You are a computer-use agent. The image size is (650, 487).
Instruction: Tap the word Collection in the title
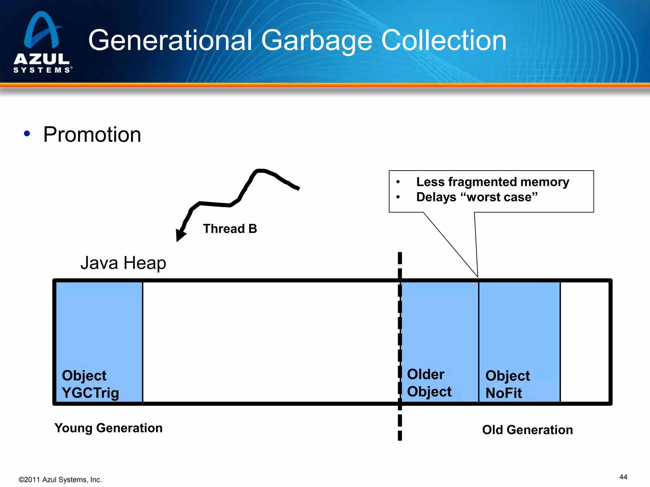click(x=443, y=41)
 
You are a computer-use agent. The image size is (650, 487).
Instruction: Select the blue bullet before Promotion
click(x=27, y=133)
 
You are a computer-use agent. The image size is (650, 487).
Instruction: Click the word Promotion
click(x=92, y=134)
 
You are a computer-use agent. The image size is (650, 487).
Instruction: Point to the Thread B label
click(x=230, y=229)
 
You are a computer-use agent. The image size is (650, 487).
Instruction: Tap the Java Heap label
click(x=123, y=263)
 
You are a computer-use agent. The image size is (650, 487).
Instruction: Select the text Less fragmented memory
click(x=493, y=182)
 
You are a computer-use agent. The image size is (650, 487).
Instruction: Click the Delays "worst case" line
click(x=477, y=197)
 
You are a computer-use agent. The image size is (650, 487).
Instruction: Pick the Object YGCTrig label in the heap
click(x=90, y=384)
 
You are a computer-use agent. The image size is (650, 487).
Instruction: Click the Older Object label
click(x=429, y=383)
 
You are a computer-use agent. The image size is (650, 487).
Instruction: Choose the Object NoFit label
click(x=507, y=384)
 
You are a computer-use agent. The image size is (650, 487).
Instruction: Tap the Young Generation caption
click(x=108, y=428)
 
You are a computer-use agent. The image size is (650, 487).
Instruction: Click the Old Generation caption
click(x=527, y=430)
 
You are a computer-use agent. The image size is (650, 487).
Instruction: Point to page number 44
click(x=623, y=477)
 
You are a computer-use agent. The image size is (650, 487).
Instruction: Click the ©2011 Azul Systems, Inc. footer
click(x=60, y=480)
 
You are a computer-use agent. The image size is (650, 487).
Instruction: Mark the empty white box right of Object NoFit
click(x=585, y=342)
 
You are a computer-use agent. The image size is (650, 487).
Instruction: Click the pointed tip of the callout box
click(x=477, y=276)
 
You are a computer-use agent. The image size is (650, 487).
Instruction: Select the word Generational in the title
click(x=170, y=41)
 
